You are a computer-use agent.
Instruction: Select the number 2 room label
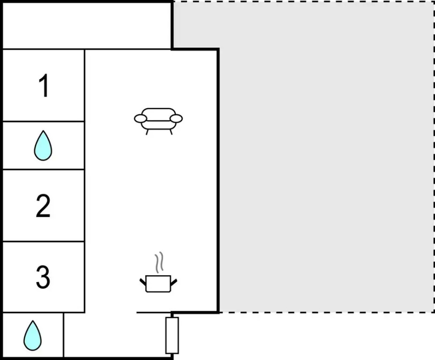[x=43, y=205]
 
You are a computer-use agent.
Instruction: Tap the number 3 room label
[x=43, y=277]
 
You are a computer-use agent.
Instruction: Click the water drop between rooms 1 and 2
[x=43, y=146]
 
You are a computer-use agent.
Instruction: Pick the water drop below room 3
[x=32, y=336]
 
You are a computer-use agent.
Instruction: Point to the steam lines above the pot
[x=159, y=262]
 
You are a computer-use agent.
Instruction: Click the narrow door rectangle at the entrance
[x=172, y=336]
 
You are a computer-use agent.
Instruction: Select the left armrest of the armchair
[x=140, y=119]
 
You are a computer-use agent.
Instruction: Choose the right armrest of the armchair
[x=176, y=119]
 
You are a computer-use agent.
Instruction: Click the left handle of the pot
[x=142, y=283]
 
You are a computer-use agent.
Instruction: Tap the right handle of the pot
[x=173, y=283]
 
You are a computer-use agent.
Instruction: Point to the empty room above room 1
[x=87, y=26]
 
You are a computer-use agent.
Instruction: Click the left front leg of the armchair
[x=147, y=132]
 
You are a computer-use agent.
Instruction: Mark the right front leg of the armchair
[x=171, y=132]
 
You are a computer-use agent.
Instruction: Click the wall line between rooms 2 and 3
[x=44, y=241]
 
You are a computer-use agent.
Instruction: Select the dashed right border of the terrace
[x=434, y=157]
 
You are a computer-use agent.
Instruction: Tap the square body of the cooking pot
[x=158, y=284]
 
